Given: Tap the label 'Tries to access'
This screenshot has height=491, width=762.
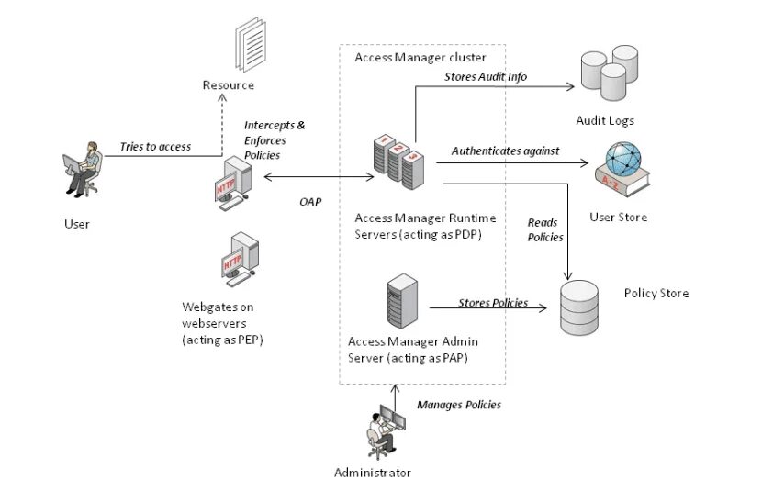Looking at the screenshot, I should point(155,147).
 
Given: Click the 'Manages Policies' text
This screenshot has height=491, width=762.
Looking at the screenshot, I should point(459,405).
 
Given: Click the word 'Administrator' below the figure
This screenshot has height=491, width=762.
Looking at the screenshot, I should point(373,474).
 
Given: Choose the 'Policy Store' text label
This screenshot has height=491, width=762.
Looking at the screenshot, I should point(656,294).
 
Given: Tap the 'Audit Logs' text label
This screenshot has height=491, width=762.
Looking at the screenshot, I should point(605,120).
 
